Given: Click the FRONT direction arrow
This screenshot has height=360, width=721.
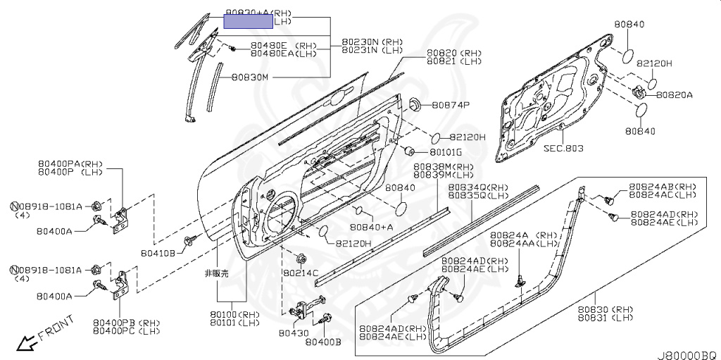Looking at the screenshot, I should [x=28, y=343].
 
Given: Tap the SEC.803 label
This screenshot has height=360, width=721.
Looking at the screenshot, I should [x=563, y=149].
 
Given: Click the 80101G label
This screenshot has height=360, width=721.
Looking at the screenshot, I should [x=446, y=152].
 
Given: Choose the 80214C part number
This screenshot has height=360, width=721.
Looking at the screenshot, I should [x=301, y=272].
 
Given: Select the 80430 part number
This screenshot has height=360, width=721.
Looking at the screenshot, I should [x=293, y=333].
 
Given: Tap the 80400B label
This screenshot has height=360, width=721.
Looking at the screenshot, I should [x=323, y=342].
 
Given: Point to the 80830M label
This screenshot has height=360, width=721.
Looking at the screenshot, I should [x=246, y=77].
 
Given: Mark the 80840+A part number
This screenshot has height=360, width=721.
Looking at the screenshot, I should [x=372, y=227].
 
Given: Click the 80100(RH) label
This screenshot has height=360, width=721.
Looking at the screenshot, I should [x=234, y=314].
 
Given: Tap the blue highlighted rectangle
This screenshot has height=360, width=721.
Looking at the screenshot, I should [x=248, y=20].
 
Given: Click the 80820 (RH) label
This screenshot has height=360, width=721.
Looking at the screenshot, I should [x=453, y=54].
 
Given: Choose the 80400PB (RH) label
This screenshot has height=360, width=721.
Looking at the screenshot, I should [x=127, y=323].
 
